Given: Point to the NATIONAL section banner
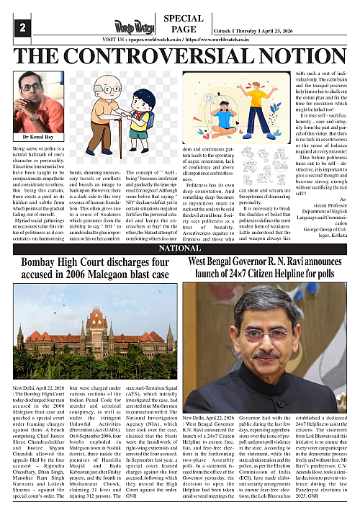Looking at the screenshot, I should pos(179,248).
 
